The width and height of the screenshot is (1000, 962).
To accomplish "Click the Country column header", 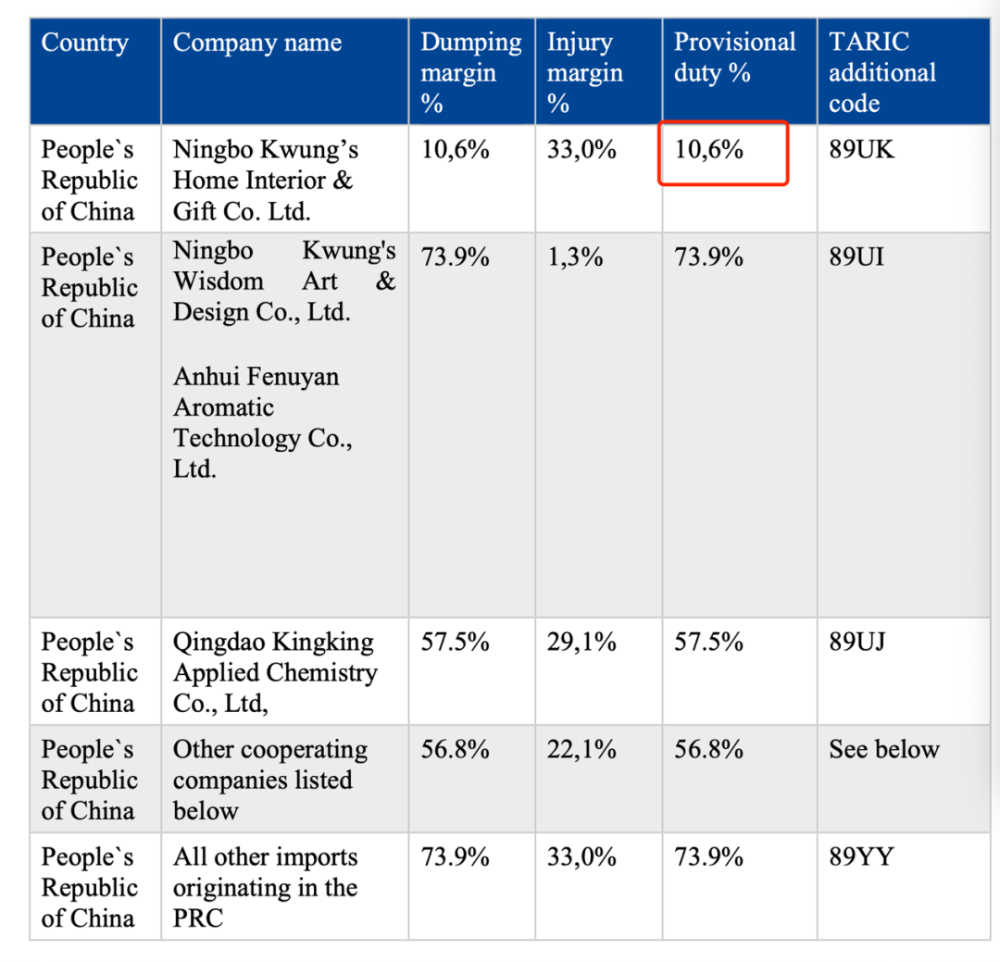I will [85, 43].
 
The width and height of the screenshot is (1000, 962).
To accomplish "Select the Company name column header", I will [257, 43].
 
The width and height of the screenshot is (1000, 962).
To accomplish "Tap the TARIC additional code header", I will [881, 72].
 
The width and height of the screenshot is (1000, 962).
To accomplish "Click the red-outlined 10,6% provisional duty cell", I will [722, 152].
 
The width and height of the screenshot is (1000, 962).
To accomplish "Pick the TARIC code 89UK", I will [861, 150].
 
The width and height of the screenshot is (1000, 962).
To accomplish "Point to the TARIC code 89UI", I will [856, 256].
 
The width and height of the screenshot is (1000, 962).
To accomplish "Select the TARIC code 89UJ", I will [857, 642].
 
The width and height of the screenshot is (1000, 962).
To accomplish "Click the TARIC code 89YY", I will [861, 857].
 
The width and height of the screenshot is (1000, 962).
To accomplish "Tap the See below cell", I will [883, 749].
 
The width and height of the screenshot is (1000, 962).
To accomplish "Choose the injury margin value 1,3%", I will [575, 256].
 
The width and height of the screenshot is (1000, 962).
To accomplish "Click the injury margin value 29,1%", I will [581, 642].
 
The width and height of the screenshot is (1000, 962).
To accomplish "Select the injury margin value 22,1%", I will [581, 749].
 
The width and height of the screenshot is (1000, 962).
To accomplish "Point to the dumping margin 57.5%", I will [455, 642].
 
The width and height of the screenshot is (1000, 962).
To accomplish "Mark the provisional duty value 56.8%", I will [708, 749].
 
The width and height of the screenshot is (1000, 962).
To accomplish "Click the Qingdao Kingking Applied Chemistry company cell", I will [275, 672].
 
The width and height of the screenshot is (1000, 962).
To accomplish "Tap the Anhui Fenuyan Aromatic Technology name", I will [262, 422].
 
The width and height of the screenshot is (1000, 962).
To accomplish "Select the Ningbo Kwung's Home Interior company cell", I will [265, 180].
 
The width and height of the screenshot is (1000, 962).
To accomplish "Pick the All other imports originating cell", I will [265, 887].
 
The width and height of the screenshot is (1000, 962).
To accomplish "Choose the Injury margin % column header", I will [584, 72].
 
